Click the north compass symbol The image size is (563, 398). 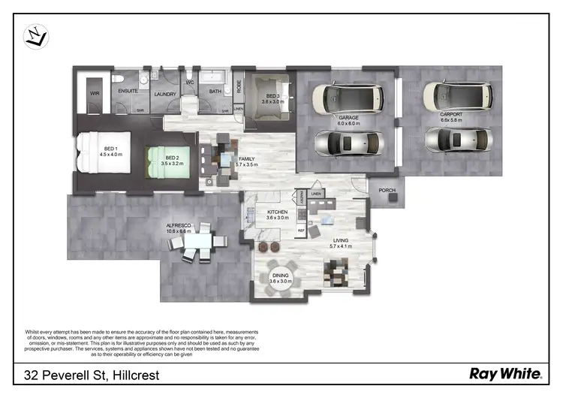(36, 35)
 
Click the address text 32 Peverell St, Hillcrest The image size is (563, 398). (91, 374)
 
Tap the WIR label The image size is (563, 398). (95, 94)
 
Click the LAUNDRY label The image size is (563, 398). (164, 94)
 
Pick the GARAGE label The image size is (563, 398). (348, 119)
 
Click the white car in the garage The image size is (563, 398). (348, 97)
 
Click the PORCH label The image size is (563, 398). (387, 190)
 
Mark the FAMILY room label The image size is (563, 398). (245, 160)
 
